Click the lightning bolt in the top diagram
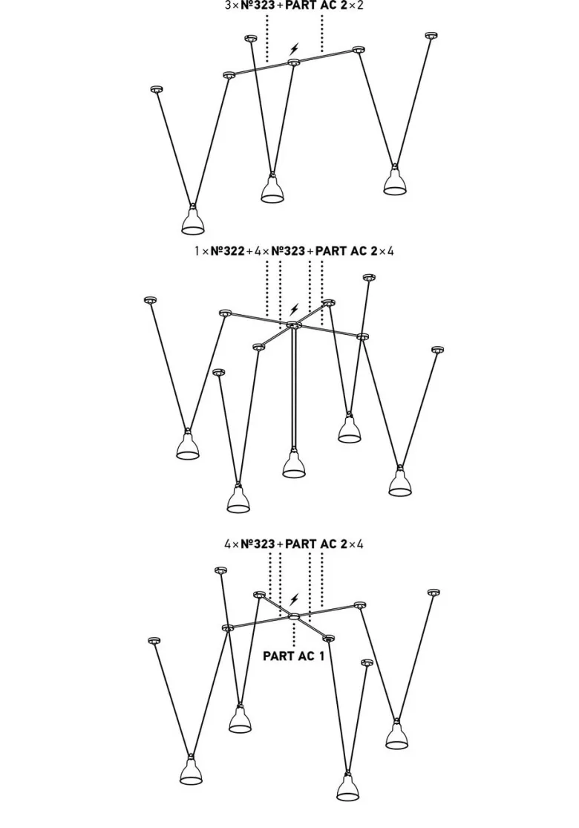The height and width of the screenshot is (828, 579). [294, 50]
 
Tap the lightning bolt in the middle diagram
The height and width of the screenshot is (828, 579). [294, 310]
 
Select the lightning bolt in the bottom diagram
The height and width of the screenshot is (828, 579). [294, 600]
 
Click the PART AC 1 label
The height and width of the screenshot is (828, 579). [293, 656]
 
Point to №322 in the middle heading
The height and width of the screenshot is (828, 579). [227, 251]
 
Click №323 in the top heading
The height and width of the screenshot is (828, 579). [258, 6]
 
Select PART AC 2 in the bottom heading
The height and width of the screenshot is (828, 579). [315, 544]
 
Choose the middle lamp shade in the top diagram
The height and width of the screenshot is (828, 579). [272, 190]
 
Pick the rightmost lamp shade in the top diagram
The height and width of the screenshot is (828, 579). [395, 182]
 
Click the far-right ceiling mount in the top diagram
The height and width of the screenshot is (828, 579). [431, 36]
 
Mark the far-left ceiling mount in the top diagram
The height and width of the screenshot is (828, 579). [155, 88]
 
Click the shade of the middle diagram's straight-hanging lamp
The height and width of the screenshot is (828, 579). [294, 465]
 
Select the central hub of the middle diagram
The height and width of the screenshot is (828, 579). [293, 325]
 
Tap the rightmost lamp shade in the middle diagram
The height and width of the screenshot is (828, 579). [400, 483]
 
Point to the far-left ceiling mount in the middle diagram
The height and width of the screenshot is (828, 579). [151, 300]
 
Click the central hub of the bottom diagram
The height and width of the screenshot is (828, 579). [294, 616]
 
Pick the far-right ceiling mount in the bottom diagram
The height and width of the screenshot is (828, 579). [434, 592]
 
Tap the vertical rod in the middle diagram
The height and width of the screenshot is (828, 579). [294, 390]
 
